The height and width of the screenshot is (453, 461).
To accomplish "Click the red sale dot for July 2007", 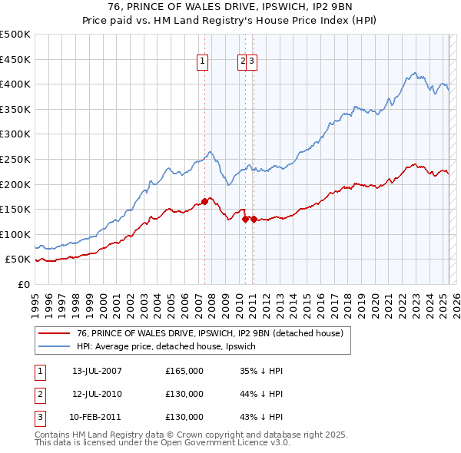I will click(x=204, y=202).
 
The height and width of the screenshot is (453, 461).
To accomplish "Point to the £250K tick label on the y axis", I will click(x=15, y=159).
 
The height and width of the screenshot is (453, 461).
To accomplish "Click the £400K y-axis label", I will click(x=15, y=84).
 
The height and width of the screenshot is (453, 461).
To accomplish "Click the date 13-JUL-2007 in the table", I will click(x=97, y=371).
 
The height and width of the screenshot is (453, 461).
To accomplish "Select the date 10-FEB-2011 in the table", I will click(x=95, y=417).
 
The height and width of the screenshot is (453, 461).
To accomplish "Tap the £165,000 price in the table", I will click(x=184, y=371).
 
